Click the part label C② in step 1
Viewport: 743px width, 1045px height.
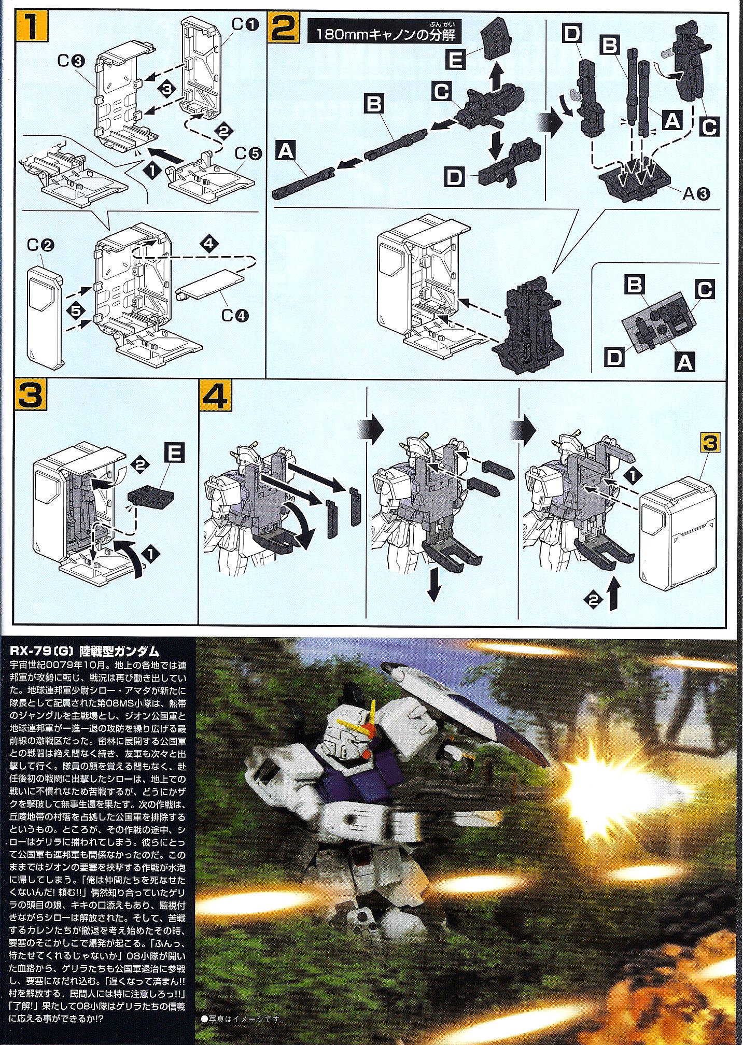[37, 246]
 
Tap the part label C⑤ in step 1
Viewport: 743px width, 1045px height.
[245, 154]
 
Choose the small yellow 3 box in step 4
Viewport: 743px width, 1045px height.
[710, 444]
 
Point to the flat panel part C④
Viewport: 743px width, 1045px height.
[210, 284]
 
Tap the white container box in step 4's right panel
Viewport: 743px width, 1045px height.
[678, 531]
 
